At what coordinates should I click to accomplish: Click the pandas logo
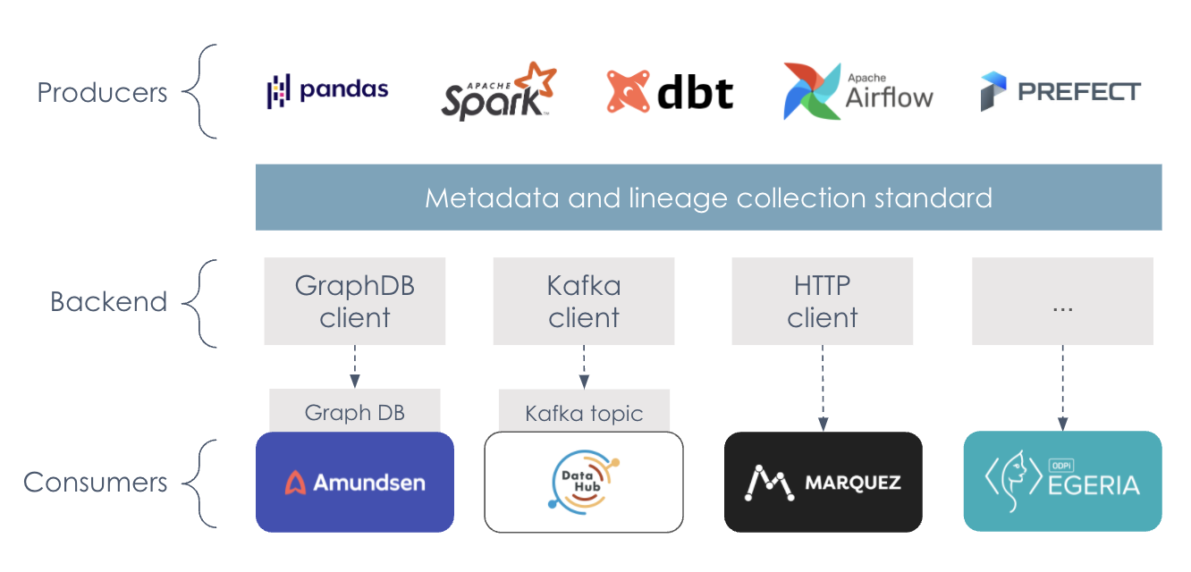coord(328,89)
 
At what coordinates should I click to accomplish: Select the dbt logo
coord(670,92)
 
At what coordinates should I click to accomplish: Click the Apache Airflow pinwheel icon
coord(811,91)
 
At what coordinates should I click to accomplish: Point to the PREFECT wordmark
coord(1078,92)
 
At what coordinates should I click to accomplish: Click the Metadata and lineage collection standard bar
coord(708,198)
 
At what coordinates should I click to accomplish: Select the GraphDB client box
coord(355,301)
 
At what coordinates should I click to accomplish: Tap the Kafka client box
coord(584,301)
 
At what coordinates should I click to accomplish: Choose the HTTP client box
coord(822,301)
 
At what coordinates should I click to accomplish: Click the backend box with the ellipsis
coord(1062,301)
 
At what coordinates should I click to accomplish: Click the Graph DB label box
coord(355,412)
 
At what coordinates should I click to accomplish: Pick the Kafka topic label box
coord(584,413)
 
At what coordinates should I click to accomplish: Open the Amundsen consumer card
coord(355,483)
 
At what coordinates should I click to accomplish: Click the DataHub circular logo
coord(583,483)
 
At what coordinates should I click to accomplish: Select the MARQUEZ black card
coord(823,483)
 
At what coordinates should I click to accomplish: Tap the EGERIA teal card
coord(1062,483)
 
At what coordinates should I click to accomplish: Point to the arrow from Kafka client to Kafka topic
coord(584,366)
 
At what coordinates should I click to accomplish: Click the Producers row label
coord(102,92)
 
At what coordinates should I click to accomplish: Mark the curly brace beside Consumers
coord(198,483)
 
